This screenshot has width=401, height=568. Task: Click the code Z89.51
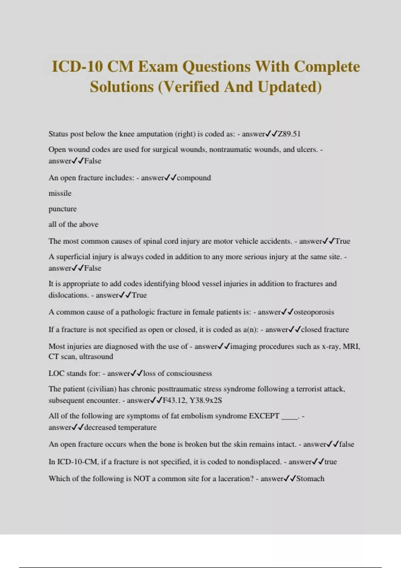click(289, 134)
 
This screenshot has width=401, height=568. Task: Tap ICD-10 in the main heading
click(77, 66)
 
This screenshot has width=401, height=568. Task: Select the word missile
click(60, 193)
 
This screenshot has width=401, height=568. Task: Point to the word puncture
click(62, 209)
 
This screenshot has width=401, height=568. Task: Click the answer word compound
click(194, 178)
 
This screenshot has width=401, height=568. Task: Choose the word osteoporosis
click(314, 312)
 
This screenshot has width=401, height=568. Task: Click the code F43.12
click(174, 400)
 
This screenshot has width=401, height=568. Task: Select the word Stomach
click(310, 479)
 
